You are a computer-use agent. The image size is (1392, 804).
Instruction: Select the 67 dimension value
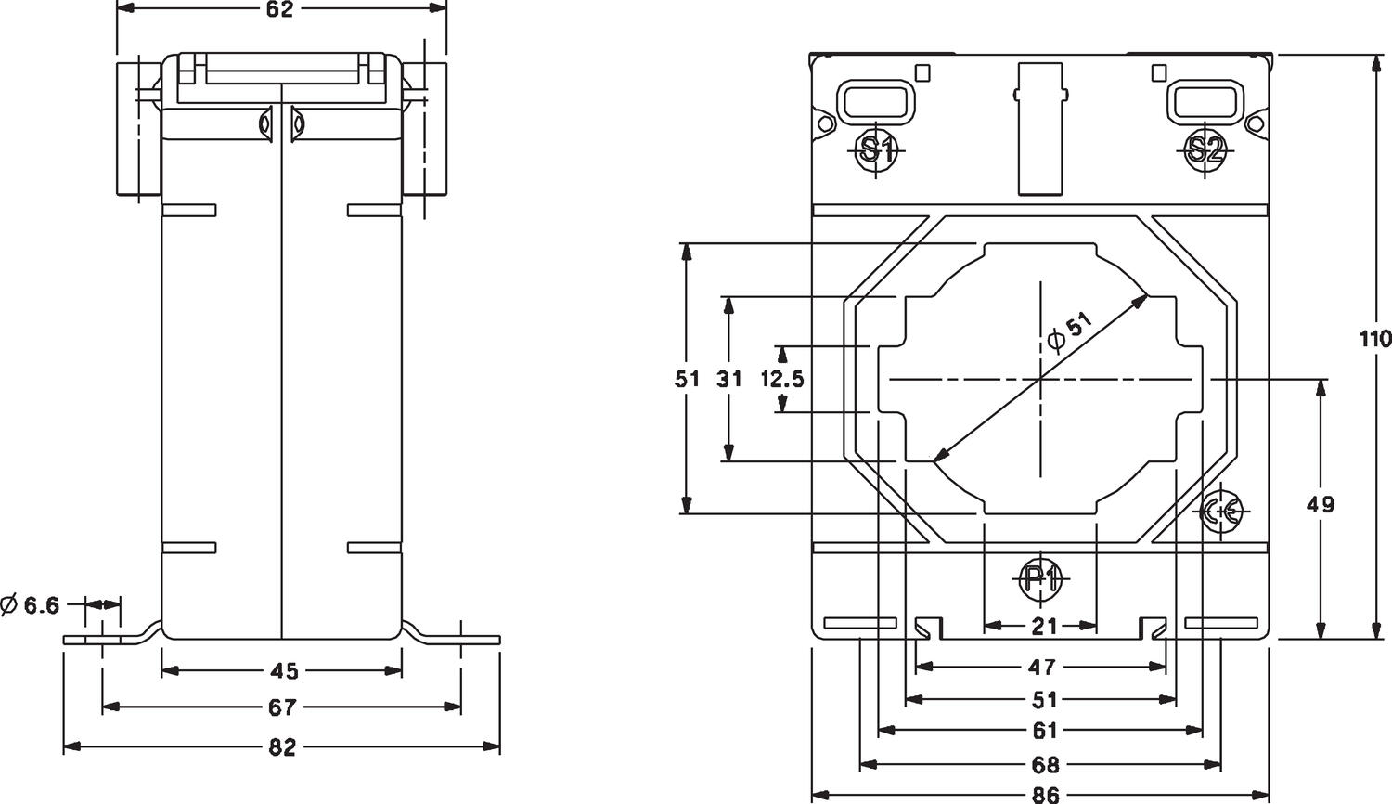pyautogui.click(x=281, y=707)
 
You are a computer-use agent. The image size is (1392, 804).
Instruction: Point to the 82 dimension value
pyautogui.click(x=281, y=746)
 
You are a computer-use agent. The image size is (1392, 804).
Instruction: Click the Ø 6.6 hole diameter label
pyautogui.click(x=32, y=606)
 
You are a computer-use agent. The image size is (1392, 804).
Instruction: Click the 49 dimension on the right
pyautogui.click(x=1320, y=505)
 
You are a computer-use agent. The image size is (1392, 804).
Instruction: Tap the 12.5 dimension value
pyautogui.click(x=782, y=379)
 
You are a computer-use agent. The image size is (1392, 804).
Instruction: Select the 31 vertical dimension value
pyautogui.click(x=730, y=379)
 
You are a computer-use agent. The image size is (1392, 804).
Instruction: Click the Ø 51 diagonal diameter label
pyautogui.click(x=1069, y=332)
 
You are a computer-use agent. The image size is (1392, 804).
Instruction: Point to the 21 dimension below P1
pyautogui.click(x=1044, y=627)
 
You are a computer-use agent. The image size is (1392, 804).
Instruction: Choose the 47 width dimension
pyautogui.click(x=1042, y=667)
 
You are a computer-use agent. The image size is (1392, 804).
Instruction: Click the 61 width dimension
pyautogui.click(x=1044, y=732)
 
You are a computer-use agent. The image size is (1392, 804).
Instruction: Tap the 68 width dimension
pyautogui.click(x=1045, y=765)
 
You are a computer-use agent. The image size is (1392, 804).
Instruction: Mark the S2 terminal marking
pyautogui.click(x=1205, y=149)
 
